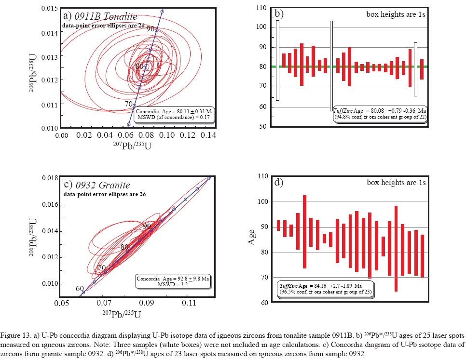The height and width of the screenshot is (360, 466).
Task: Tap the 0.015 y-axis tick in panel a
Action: (50, 9)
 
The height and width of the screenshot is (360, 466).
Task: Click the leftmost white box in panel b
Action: (277, 60)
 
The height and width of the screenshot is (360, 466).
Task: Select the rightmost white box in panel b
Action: (416, 69)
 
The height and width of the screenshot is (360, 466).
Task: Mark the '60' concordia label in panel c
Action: (80, 289)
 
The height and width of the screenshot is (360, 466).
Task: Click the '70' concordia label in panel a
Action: (129, 103)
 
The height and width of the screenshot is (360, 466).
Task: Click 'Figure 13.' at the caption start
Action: (17, 334)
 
